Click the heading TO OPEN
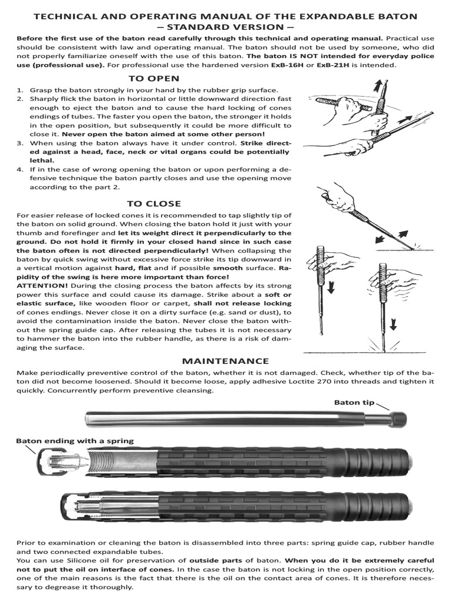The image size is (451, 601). click(x=154, y=79)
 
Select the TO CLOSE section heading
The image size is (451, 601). click(x=154, y=204)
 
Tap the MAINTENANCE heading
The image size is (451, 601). click(x=225, y=360)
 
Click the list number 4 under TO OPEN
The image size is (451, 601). click(x=20, y=169)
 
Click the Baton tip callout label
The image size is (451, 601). click(x=354, y=402)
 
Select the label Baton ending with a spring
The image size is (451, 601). click(x=75, y=440)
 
